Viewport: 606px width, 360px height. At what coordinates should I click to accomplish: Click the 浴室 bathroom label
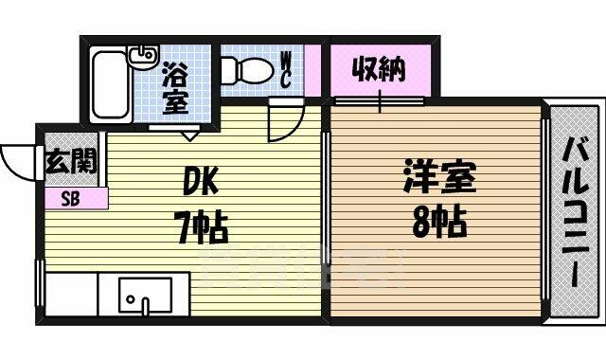176,88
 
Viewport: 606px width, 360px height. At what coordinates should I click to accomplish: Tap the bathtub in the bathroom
111,86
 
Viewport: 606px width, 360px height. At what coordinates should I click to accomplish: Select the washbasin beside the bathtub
143,57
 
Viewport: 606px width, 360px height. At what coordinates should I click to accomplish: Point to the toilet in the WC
247,71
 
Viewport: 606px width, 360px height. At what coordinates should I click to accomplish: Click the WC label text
286,70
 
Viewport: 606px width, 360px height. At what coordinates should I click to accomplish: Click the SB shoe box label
71,199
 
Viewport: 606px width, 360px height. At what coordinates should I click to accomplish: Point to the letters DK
200,181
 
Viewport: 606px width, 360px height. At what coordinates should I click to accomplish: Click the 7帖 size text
203,229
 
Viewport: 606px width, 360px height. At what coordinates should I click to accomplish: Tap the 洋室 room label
439,177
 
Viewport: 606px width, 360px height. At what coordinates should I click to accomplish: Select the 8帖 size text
439,223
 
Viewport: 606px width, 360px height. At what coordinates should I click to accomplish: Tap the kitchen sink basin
145,295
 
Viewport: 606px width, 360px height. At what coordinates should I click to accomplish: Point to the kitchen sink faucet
145,306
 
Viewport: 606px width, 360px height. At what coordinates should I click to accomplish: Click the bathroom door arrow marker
189,135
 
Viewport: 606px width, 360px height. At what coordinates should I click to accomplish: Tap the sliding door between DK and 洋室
326,198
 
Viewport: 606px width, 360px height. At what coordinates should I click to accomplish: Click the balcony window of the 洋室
544,209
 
